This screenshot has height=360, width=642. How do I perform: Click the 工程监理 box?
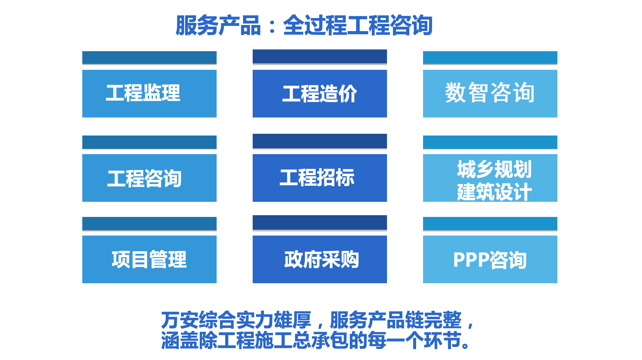(149, 94)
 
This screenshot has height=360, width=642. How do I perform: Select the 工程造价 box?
(320, 94)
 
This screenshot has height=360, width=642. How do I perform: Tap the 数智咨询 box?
(490, 94)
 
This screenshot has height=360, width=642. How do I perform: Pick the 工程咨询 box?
(149, 178)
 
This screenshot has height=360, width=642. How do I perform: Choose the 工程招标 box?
(320, 178)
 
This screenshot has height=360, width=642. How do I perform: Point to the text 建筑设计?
(494, 192)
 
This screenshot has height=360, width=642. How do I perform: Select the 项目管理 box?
(149, 259)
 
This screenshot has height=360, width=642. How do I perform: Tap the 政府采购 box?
(320, 259)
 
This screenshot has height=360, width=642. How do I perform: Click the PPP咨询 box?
(490, 259)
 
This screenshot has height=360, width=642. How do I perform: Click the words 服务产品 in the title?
(218, 26)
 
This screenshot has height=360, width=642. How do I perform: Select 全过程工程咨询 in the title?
(358, 26)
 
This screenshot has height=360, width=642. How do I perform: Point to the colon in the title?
(272, 26)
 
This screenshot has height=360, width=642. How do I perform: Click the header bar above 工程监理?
(149, 58)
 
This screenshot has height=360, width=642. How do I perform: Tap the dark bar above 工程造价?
(320, 56)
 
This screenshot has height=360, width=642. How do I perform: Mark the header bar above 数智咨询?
(490, 58)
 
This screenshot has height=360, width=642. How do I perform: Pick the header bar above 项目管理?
(149, 224)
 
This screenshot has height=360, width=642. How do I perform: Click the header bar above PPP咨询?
(490, 224)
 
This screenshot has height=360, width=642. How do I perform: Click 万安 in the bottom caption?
(180, 320)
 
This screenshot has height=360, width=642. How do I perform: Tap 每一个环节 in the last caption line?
(414, 340)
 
